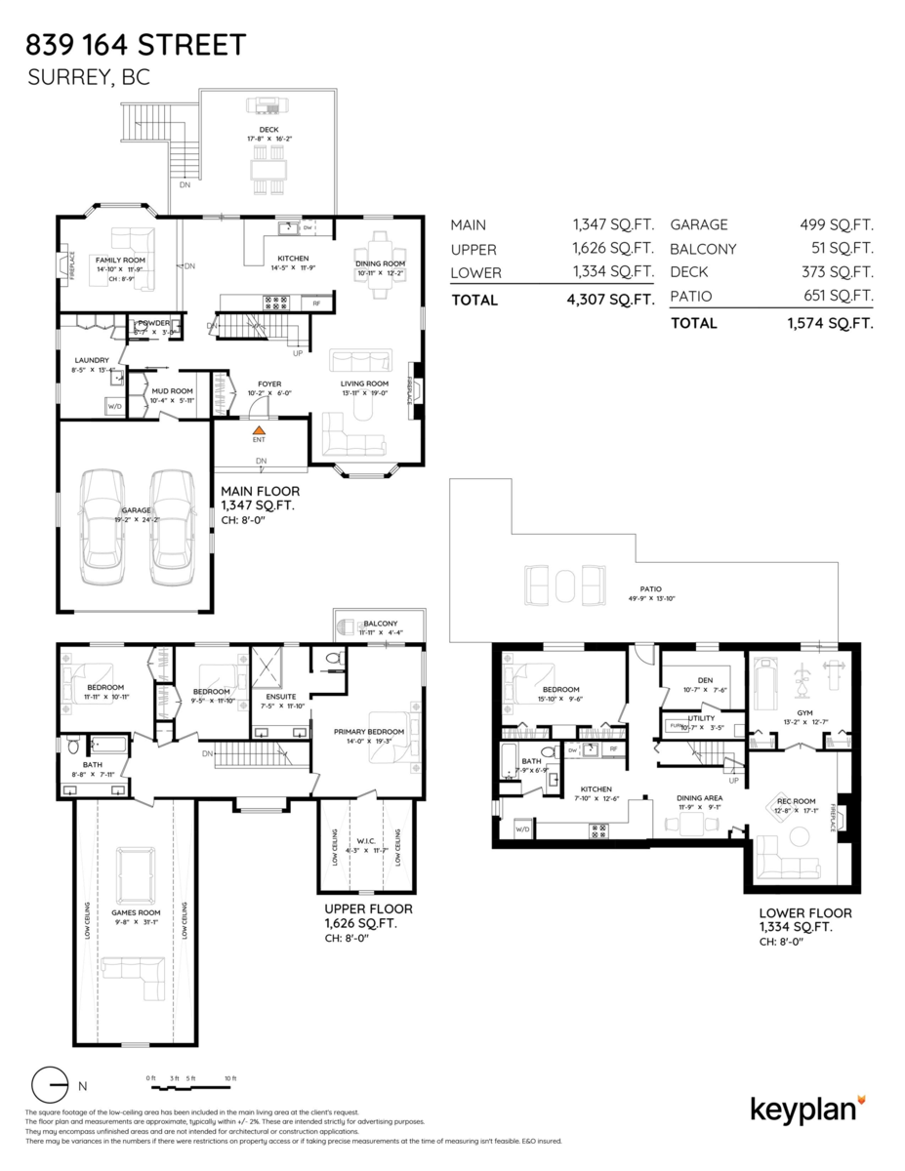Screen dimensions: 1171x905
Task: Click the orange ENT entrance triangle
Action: [x=259, y=429]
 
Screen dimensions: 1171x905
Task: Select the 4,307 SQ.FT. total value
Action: [x=610, y=301]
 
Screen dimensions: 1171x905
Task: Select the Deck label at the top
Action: [x=268, y=130]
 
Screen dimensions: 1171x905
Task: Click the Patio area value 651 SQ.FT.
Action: [x=836, y=296]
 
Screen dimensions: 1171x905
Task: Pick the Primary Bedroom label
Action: [x=369, y=731]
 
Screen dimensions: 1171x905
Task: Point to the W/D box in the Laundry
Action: [x=113, y=405]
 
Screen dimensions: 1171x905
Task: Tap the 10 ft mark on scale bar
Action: [x=229, y=1077]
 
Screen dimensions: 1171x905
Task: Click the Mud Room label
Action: [x=172, y=389]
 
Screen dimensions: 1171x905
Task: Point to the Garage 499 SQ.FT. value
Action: [x=836, y=224]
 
